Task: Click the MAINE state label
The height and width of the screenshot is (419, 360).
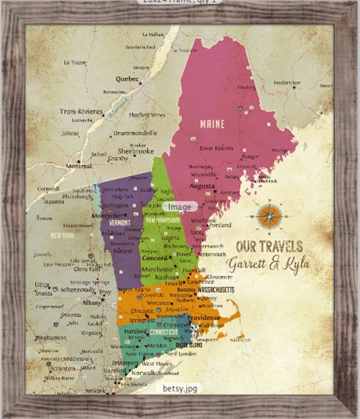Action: coord(213,124)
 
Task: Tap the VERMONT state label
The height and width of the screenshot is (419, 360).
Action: coord(120,223)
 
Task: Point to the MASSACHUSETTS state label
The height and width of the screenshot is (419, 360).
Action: coord(216,290)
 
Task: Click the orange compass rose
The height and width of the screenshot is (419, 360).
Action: coord(269,216)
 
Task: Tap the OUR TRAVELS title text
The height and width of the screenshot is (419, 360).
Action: coord(269,246)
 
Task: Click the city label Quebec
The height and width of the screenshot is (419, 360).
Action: coord(127,78)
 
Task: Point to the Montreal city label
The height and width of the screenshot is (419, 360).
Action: coord(78,166)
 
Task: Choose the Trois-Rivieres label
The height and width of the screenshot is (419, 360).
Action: coord(80,111)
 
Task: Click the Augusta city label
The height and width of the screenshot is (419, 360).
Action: coord(202,186)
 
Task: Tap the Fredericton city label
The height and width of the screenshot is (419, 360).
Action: coord(287,83)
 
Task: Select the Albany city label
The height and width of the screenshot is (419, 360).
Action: coord(92,302)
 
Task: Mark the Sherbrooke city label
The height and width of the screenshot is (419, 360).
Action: coord(136,151)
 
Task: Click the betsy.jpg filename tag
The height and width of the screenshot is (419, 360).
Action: coord(180,389)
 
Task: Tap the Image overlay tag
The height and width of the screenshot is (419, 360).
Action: coord(180,207)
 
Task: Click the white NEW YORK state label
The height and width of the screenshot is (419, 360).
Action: coord(62,235)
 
